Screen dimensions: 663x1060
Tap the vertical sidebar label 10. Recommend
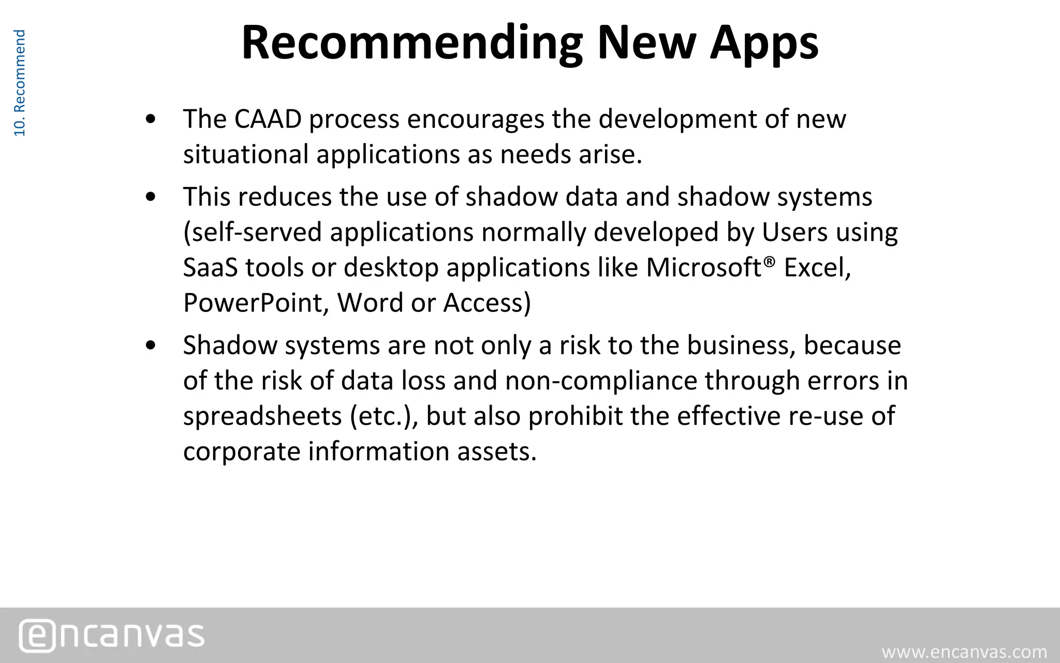19,83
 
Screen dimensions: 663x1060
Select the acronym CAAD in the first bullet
268,119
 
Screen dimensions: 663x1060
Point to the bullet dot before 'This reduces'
151,198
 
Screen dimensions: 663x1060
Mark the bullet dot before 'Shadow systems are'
151,346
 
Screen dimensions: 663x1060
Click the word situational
246,154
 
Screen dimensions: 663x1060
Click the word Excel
817,268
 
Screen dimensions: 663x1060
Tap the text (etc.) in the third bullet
384,416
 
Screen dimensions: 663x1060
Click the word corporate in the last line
242,451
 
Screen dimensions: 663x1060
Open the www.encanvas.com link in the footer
964,652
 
